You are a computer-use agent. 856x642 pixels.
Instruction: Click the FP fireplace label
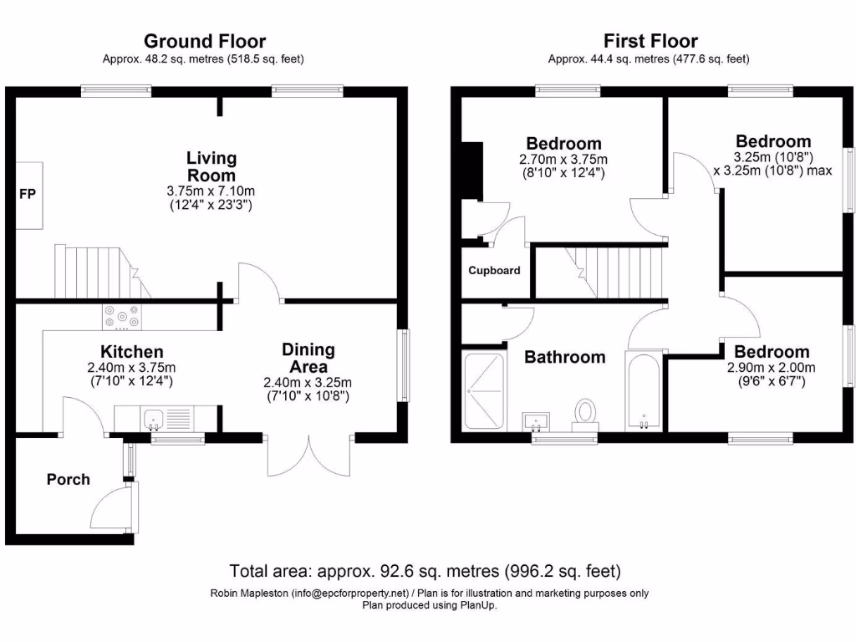coord(28,194)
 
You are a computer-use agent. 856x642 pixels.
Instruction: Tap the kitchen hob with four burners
coord(121,318)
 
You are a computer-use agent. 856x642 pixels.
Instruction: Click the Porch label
coord(68,479)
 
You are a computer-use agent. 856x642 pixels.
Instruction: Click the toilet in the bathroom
coord(585,411)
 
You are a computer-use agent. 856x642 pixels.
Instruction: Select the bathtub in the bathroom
coord(644,390)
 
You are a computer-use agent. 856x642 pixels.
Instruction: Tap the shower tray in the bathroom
coord(483,390)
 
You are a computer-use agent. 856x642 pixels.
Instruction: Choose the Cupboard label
coord(494,271)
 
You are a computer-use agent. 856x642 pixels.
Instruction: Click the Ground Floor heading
coord(205,41)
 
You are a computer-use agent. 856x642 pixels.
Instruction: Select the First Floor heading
coord(650,41)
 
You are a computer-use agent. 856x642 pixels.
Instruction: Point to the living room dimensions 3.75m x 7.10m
coord(211,191)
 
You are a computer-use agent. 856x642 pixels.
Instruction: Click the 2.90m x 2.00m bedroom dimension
coord(772,368)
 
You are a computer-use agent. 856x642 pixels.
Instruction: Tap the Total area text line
coord(425,572)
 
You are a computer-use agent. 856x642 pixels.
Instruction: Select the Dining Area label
coord(308,358)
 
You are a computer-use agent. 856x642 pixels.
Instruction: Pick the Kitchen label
coord(132,352)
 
